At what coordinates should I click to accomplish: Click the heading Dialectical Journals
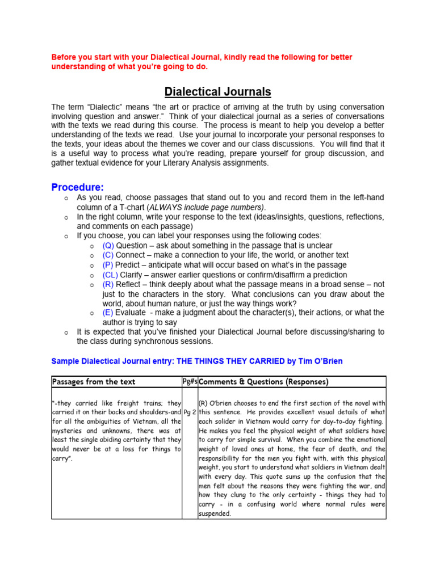218,92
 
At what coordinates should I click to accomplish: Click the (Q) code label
108,246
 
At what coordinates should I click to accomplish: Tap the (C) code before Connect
108,255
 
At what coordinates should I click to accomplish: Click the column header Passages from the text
94,382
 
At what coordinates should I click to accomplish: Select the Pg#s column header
190,382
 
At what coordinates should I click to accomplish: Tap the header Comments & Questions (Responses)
264,382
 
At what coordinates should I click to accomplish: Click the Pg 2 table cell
190,412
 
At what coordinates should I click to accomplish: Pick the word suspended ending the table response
215,514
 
